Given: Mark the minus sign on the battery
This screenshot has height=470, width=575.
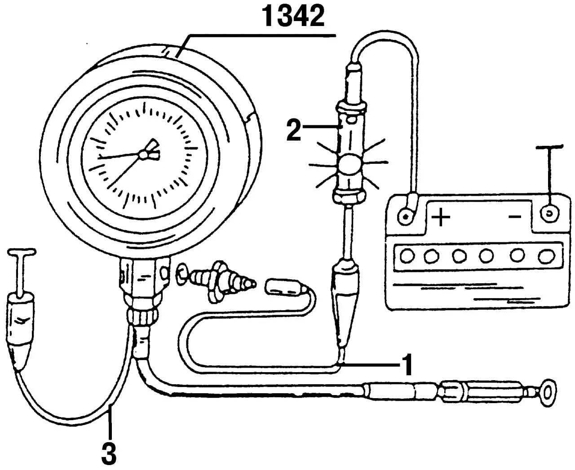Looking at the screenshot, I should pyautogui.click(x=515, y=217).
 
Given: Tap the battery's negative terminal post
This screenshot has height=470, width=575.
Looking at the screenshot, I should pyautogui.click(x=548, y=213).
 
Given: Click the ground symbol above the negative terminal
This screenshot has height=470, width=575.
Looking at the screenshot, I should pyautogui.click(x=548, y=148).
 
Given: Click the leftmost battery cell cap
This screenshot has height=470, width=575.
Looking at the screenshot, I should pyautogui.click(x=407, y=256).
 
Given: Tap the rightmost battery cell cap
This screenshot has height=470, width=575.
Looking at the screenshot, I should pyautogui.click(x=546, y=256).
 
